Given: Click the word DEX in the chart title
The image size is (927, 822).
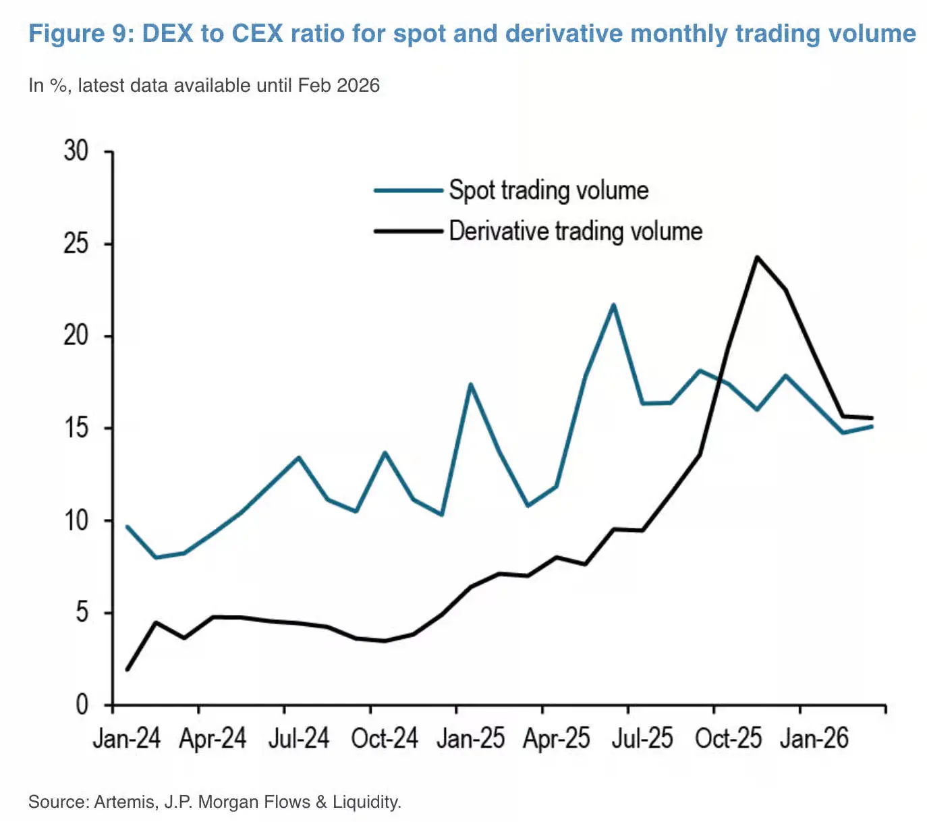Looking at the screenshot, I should click(x=167, y=34).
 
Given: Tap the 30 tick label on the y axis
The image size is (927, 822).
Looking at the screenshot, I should click(x=76, y=150).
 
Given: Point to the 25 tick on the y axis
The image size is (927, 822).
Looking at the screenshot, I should click(x=76, y=244).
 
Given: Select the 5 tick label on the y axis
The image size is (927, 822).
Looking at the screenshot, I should click(x=82, y=613).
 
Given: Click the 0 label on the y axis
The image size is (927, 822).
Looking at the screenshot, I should click(x=82, y=705).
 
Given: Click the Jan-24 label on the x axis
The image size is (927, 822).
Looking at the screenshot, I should click(x=126, y=738).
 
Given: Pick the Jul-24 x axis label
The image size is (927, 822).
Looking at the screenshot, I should click(x=298, y=738).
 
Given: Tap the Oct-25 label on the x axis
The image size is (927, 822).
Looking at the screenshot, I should click(x=728, y=738).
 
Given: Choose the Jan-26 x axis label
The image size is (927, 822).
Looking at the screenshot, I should click(x=814, y=738).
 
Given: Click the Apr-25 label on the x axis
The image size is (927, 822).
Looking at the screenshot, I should click(x=556, y=738).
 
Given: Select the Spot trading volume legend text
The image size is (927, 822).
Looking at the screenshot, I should click(x=549, y=191).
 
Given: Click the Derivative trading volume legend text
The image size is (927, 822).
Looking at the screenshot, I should click(x=575, y=231).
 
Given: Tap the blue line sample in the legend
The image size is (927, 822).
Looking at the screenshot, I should click(x=408, y=191).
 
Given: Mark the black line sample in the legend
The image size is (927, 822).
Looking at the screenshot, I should click(x=408, y=231).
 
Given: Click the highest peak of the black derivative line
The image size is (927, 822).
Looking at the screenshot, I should click(x=757, y=257).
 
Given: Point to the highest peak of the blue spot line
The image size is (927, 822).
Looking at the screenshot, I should click(x=613, y=304).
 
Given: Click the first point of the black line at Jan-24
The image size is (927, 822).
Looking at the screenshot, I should click(x=128, y=669).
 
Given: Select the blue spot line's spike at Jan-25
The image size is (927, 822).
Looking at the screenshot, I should click(x=470, y=385).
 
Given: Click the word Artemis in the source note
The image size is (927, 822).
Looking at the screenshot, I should click(x=125, y=802).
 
